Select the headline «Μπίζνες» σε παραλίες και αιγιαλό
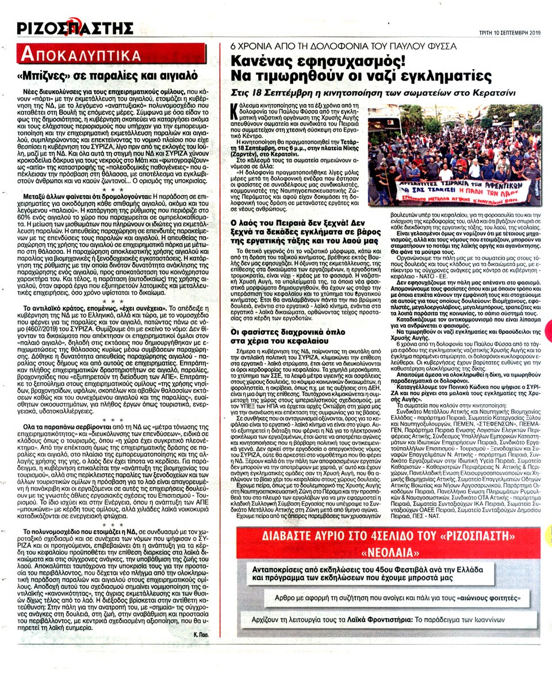(115, 75)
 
